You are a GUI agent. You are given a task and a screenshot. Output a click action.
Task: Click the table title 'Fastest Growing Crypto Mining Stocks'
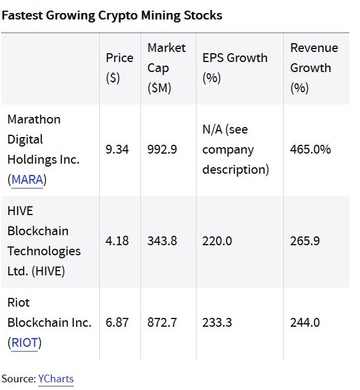(112, 15)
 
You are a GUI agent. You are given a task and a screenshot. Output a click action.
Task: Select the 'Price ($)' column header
(120, 67)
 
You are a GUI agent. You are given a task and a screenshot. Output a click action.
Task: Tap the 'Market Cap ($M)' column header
(166, 67)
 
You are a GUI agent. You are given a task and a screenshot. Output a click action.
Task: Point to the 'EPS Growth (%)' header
(234, 67)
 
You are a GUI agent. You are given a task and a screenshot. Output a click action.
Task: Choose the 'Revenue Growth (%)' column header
(314, 67)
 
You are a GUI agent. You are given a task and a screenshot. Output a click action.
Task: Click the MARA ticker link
(27, 180)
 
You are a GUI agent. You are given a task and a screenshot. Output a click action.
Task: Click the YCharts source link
(56, 379)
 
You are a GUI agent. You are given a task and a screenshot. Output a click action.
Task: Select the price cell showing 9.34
(117, 149)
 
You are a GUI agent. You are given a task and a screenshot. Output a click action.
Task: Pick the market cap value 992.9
(162, 149)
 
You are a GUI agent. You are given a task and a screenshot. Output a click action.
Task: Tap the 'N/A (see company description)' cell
(235, 149)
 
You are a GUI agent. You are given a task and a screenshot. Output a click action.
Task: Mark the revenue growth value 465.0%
(310, 149)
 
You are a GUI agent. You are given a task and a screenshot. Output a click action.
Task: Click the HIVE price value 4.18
(117, 241)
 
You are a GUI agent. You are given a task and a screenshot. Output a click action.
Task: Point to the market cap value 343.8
(162, 241)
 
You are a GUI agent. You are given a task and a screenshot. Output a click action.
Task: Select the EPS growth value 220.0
(217, 241)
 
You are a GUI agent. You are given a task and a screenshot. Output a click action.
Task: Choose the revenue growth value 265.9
(305, 241)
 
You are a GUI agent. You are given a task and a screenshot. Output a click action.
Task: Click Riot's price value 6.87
(117, 323)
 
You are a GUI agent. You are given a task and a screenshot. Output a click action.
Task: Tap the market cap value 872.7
(162, 323)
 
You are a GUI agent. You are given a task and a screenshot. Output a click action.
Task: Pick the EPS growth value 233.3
(217, 323)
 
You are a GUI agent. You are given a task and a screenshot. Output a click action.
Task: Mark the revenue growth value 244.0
(305, 323)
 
